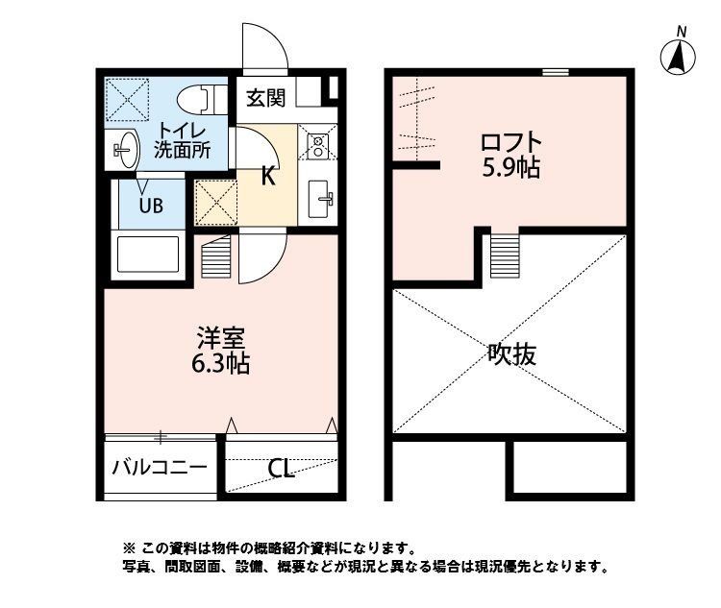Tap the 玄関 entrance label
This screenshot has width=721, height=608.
(264, 96)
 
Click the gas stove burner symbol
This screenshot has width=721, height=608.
(317, 145)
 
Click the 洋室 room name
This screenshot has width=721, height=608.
(222, 338)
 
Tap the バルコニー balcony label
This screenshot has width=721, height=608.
(159, 469)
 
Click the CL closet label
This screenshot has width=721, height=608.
(281, 469)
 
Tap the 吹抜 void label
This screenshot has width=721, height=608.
(511, 354)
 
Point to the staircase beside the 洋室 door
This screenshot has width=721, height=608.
(217, 257)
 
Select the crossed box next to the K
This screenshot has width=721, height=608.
(215, 201)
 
